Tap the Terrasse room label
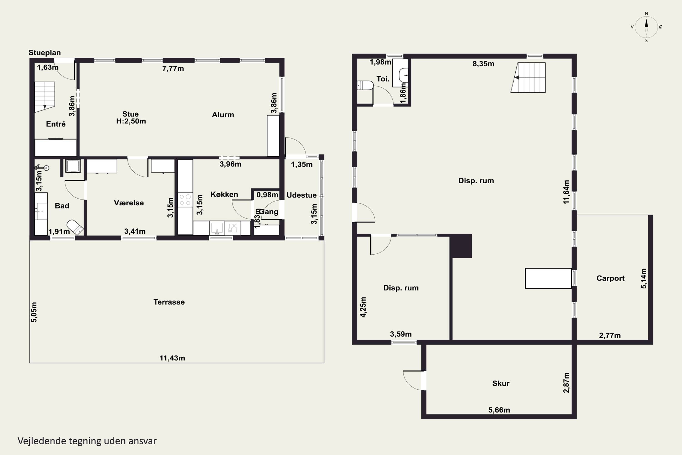click(x=169, y=302)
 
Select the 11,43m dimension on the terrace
click(x=172, y=358)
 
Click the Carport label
click(x=610, y=278)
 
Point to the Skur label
click(x=501, y=383)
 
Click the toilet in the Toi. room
click(x=365, y=86)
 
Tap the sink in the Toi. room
click(x=403, y=75)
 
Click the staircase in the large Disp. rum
click(x=528, y=78)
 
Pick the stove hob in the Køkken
click(x=185, y=200)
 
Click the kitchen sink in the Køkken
click(x=217, y=228)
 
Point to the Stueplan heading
click(x=45, y=53)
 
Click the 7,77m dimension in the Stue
click(x=173, y=68)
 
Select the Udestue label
click(x=302, y=195)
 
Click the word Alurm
click(x=223, y=115)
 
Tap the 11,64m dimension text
click(x=566, y=192)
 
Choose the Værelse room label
click(x=129, y=203)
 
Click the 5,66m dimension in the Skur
click(x=499, y=410)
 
